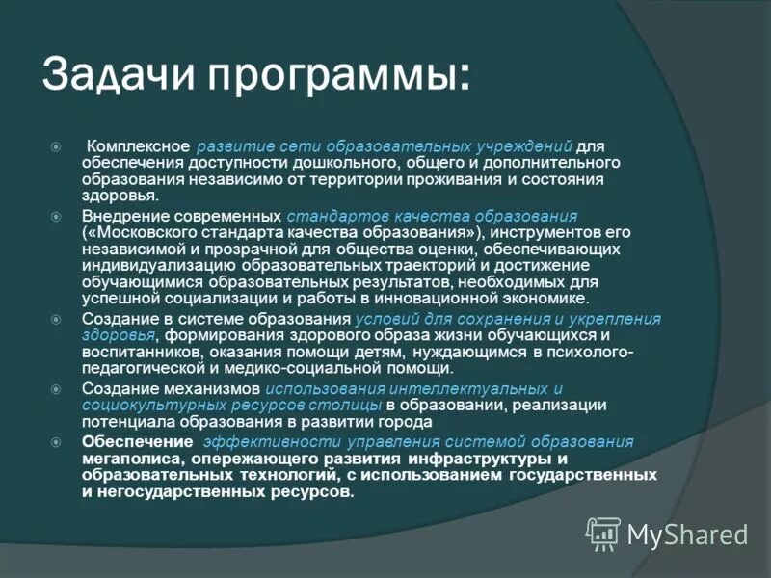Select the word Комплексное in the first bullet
pyautogui.click(x=139, y=145)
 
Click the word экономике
pyautogui.click(x=528, y=299)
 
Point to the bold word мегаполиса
pyautogui.click(x=127, y=459)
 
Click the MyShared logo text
pyautogui.click(x=687, y=534)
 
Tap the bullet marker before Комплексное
pyautogui.click(x=56, y=146)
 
